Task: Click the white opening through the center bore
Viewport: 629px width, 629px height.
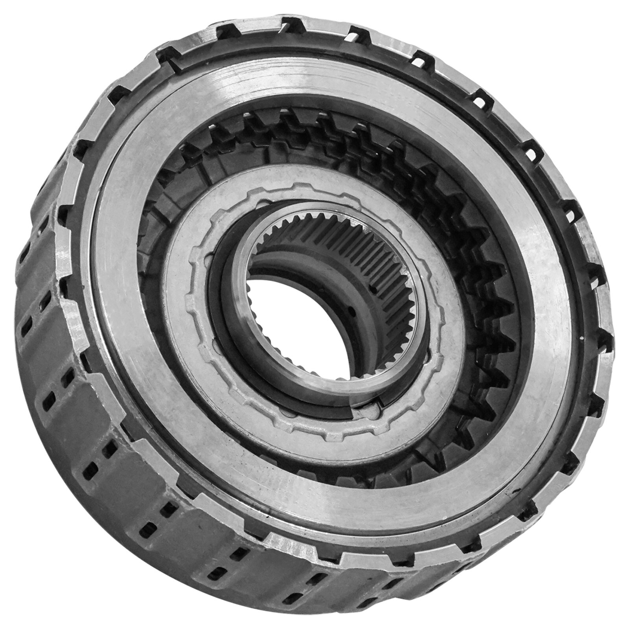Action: tap(299, 314)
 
